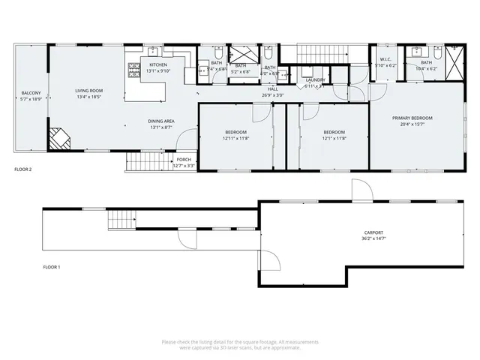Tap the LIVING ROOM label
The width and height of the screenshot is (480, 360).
point(88,91)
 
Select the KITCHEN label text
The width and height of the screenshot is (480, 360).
point(157,65)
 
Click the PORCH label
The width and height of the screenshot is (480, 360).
point(184,160)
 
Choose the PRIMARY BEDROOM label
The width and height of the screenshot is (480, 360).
point(412,118)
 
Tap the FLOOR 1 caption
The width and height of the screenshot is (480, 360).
point(52,267)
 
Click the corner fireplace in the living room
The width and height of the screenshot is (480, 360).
point(58,138)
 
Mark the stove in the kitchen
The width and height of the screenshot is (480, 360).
point(134,72)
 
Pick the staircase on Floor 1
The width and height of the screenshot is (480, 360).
point(121,220)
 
